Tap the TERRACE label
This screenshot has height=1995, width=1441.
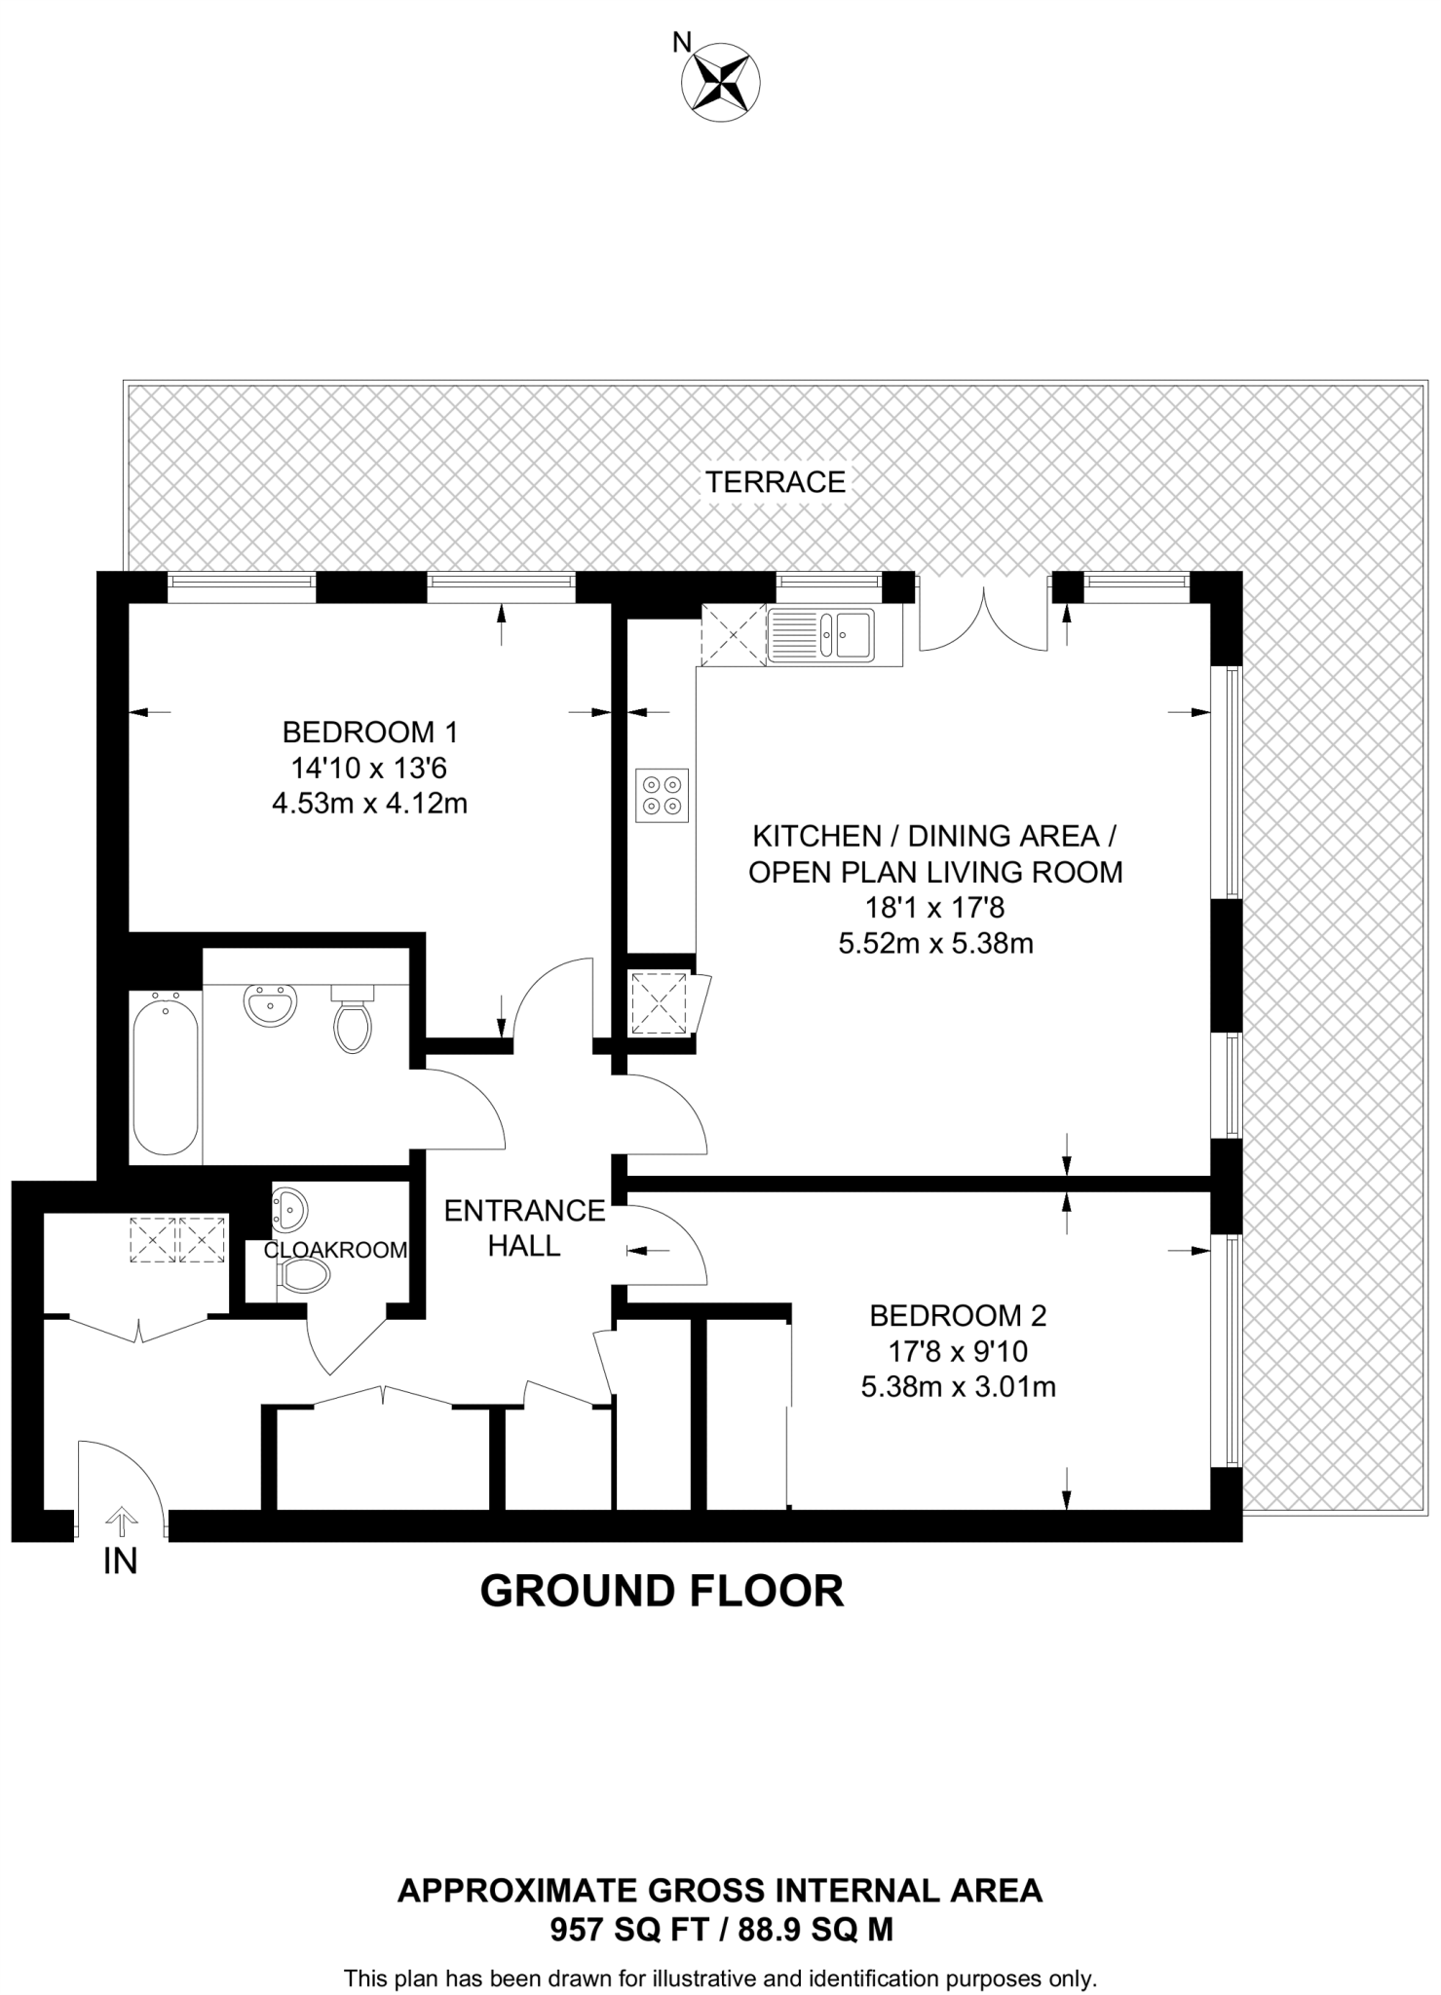click(x=776, y=482)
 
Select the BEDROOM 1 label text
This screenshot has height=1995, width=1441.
click(x=369, y=731)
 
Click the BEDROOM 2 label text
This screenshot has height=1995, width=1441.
click(x=958, y=1316)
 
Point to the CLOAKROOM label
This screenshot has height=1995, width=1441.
click(x=335, y=1250)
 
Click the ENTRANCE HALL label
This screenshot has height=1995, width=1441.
click(x=524, y=1227)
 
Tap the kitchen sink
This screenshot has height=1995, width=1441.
click(x=821, y=635)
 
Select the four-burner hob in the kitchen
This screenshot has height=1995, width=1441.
click(x=663, y=795)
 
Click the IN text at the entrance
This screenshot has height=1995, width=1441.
click(x=120, y=1562)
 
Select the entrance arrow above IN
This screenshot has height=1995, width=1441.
click(x=121, y=1521)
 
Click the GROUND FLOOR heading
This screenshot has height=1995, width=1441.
click(x=663, y=1591)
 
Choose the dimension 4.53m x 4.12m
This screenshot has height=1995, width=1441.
click(x=370, y=805)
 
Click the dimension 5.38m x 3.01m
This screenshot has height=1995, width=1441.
click(x=959, y=1386)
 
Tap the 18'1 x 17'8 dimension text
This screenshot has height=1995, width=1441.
click(x=935, y=908)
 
